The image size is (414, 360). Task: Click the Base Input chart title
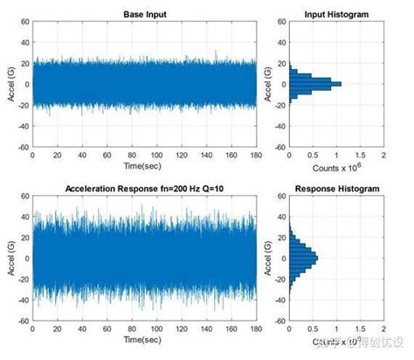(143, 13)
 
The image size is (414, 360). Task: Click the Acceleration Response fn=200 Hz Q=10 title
(143, 188)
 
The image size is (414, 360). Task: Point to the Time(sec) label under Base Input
(143, 166)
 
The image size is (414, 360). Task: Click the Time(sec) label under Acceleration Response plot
(143, 339)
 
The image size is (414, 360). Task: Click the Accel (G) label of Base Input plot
(8, 85)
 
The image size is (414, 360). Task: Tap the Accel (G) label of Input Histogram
(268, 85)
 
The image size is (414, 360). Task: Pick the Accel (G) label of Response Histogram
(268, 259)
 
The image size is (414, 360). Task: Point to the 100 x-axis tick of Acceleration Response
(155, 329)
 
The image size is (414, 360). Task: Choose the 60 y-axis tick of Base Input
(23, 22)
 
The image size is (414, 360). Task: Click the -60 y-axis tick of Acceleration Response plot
(20, 322)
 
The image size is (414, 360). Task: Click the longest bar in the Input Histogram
(314, 84)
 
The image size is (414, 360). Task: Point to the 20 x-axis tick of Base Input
(57, 156)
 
